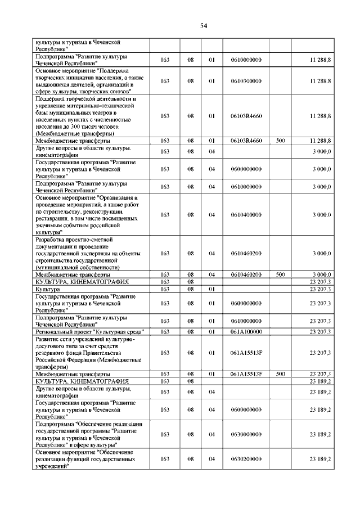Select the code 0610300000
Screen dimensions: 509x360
[246, 81]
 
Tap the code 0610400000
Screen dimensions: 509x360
[246, 214]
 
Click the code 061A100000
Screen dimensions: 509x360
[246, 332]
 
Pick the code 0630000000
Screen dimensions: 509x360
[246, 434]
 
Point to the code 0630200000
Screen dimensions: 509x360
[246, 460]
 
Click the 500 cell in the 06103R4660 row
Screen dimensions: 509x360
[280, 141]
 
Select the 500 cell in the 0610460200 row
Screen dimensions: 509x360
[280, 274]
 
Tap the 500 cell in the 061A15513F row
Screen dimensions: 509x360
[280, 374]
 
